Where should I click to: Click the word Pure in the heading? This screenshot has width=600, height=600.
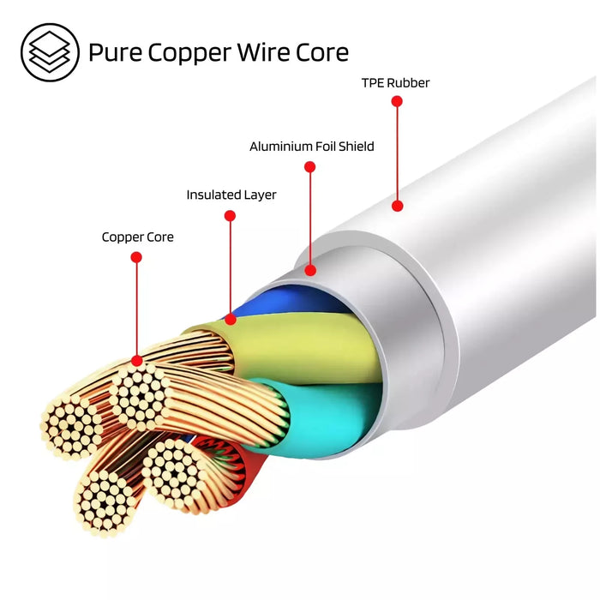click(116, 52)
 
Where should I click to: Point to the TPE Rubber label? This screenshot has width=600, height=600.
click(396, 83)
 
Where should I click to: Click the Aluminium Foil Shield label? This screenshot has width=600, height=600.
click(312, 147)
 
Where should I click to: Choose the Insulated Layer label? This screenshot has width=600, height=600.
click(231, 195)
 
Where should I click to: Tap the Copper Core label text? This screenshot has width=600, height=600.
click(137, 237)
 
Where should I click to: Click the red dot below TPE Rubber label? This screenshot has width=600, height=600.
click(396, 101)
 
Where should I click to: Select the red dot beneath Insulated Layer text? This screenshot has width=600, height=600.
click(230, 215)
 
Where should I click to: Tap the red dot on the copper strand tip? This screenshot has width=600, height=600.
click(136, 361)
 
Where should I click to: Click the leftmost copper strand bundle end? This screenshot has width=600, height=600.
click(71, 426)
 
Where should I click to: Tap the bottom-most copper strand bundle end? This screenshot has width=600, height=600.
click(105, 503)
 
